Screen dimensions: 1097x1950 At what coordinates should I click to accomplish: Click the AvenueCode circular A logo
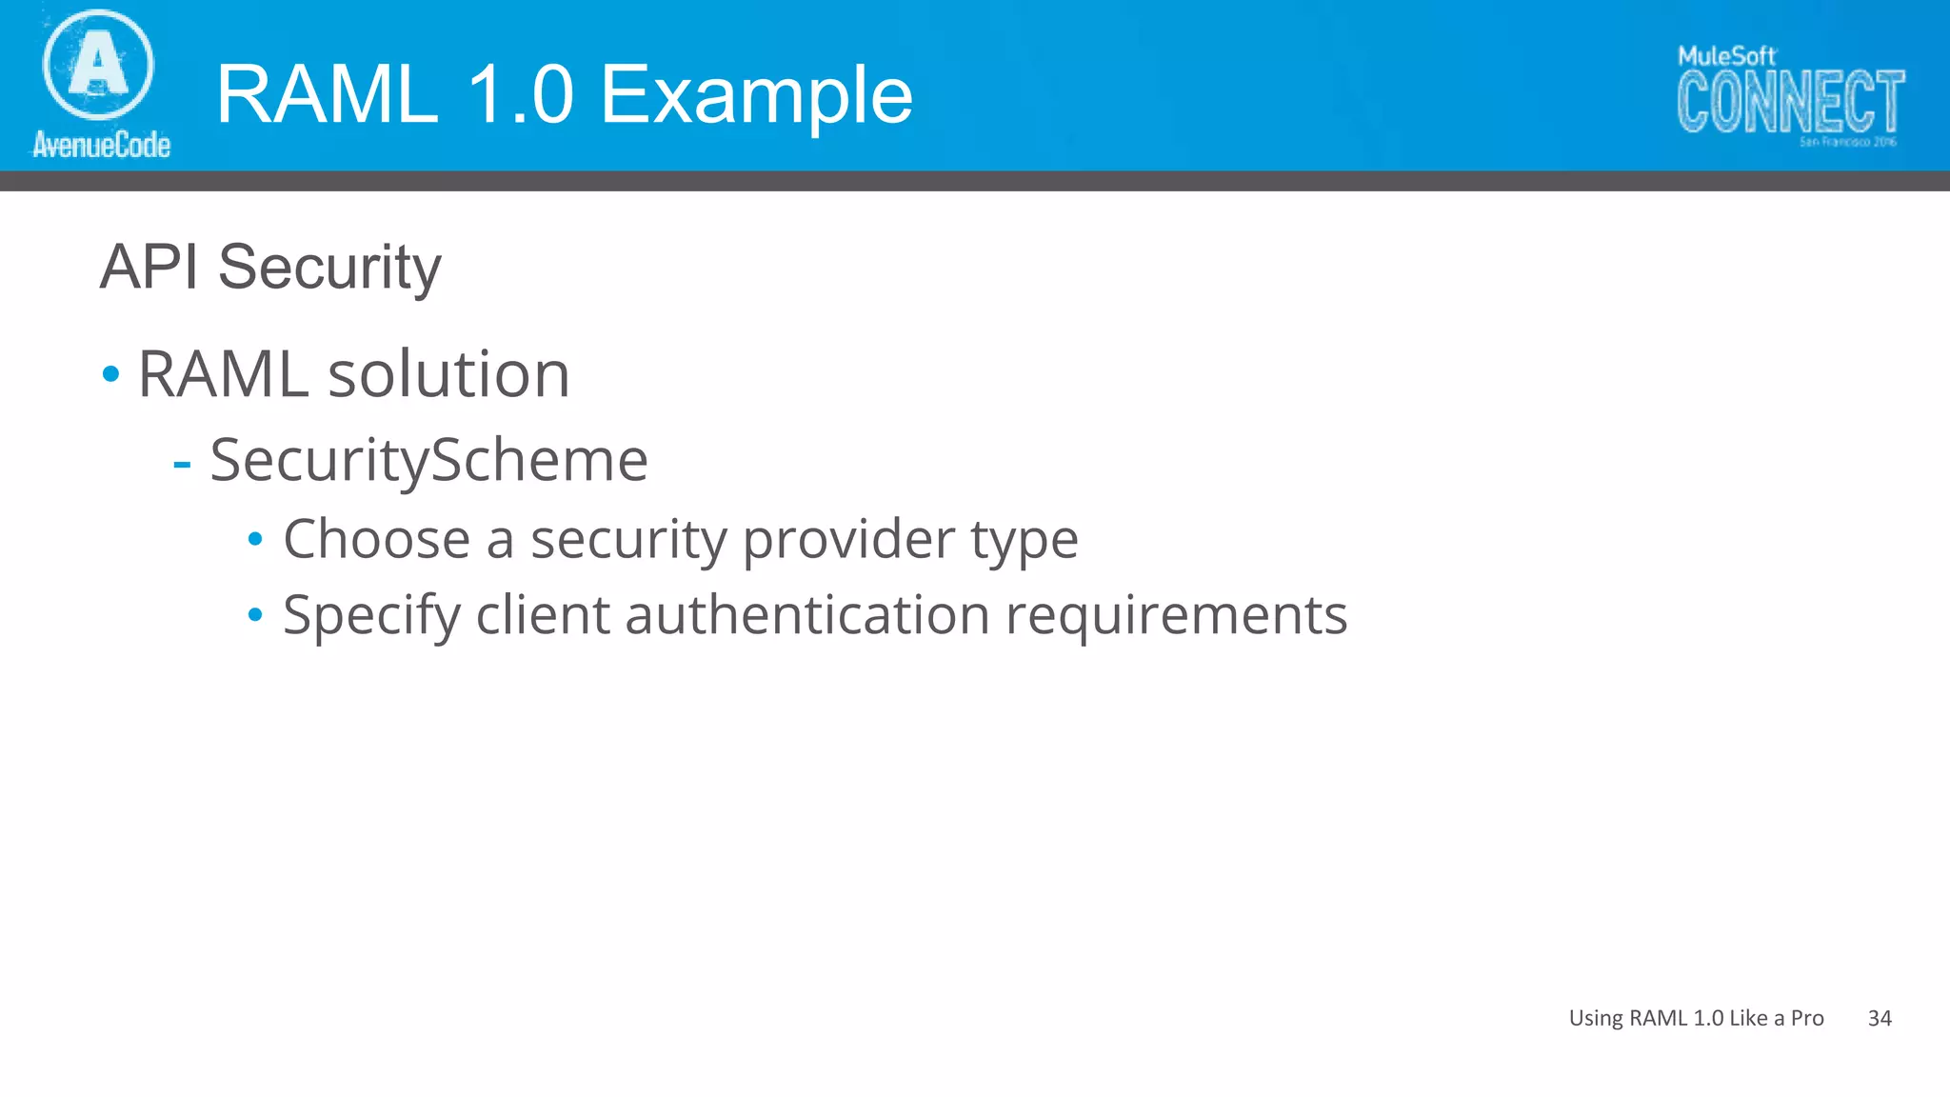(98, 65)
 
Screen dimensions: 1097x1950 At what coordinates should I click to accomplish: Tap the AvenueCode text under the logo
(102, 145)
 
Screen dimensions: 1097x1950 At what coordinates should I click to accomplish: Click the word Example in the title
(757, 95)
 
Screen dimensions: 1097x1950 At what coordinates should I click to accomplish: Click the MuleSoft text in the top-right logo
(1726, 56)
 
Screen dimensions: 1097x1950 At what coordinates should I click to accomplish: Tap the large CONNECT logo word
(1790, 102)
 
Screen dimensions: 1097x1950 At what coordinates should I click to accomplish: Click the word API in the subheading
(149, 267)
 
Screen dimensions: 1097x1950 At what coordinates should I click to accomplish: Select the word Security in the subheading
(329, 269)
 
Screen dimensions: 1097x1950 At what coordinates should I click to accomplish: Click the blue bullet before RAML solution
(111, 373)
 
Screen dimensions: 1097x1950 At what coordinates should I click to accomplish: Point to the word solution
(449, 373)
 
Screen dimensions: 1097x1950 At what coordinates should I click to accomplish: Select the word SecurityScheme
(428, 461)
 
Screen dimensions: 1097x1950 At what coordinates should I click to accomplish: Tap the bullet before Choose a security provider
(255, 540)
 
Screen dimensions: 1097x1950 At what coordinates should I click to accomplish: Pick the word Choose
(377, 539)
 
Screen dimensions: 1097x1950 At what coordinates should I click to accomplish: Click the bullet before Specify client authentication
(255, 615)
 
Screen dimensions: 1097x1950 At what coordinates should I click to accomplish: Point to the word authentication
(807, 614)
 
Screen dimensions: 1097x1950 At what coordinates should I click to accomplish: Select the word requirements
(1177, 616)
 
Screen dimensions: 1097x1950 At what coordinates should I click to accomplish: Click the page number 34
(1880, 1018)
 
